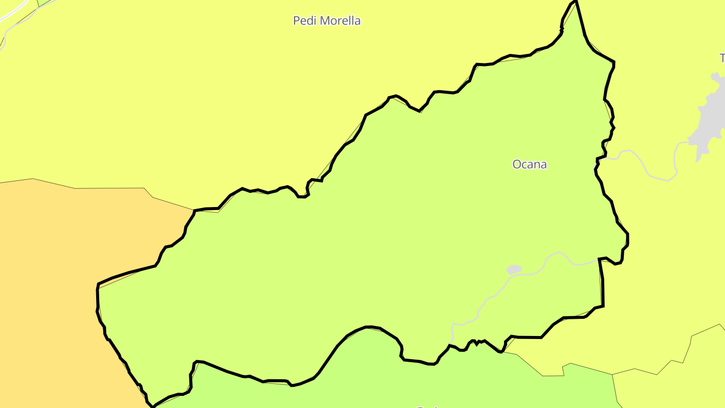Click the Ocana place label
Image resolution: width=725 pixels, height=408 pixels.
click(529, 164)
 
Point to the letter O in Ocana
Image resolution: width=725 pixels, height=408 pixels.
click(517, 164)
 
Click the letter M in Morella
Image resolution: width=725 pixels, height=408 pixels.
click(326, 21)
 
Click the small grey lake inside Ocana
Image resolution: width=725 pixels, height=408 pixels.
click(514, 269)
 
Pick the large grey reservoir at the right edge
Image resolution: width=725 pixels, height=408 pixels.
click(710, 118)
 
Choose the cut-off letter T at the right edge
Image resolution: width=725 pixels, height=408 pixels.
click(722, 58)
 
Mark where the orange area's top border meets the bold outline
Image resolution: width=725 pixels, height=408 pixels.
click(194, 211)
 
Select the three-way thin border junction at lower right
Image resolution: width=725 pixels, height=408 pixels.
click(613, 374)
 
